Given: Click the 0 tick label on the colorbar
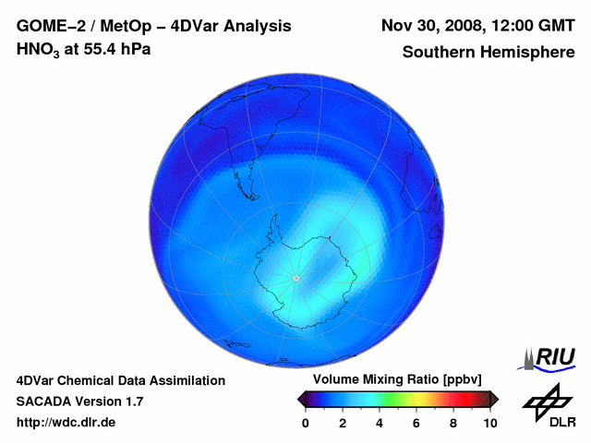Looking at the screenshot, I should tap(306, 423).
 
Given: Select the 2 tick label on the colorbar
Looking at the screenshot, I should tap(343, 423).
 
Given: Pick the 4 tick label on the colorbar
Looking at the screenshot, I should tap(380, 423).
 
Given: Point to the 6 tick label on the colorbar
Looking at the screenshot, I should tap(416, 423).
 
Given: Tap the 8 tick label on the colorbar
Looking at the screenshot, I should tap(453, 423).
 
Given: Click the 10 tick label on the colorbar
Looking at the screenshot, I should tap(490, 423).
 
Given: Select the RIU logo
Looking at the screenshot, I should tap(549, 358).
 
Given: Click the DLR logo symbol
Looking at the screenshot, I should tap(547, 401).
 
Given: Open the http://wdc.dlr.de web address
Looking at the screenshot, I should tap(66, 423).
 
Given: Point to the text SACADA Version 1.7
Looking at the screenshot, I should tap(79, 401).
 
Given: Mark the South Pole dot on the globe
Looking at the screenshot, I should tap(295, 278).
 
